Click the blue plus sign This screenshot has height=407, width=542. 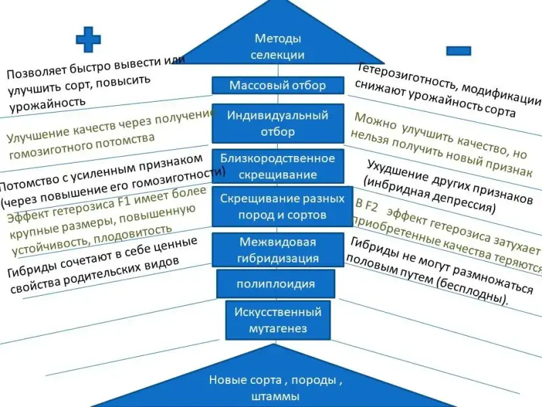click(88, 40)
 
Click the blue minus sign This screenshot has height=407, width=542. click(459, 50)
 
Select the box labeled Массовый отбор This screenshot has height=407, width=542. click(278, 85)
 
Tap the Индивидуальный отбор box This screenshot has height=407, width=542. click(278, 123)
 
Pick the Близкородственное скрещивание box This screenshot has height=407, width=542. click(278, 166)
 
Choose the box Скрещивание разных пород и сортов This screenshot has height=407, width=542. click(278, 206)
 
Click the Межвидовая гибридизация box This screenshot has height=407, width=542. click(278, 250)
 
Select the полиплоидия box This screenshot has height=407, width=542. click(275, 283)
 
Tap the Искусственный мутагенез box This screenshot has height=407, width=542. click(278, 320)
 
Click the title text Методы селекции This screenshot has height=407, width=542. click(278, 47)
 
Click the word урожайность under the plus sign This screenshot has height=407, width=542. click(47, 103)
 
